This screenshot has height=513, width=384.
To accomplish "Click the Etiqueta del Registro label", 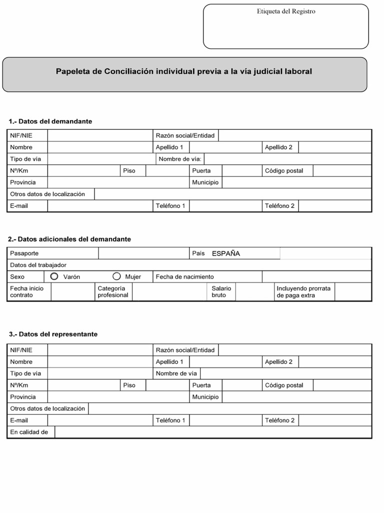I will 285,12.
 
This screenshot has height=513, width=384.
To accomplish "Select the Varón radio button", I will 54,277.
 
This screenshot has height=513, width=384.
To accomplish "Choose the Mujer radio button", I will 116,277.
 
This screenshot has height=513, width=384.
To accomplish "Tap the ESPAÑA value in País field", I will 225,253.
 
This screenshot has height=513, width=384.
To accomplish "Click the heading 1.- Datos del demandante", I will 50,121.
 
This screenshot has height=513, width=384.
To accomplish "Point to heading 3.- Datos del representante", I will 53,334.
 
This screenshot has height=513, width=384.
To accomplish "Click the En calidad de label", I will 29,432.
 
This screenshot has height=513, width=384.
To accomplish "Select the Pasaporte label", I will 24,253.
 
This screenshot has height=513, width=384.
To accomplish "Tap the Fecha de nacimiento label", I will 184,277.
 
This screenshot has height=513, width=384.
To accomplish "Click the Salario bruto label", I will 221,292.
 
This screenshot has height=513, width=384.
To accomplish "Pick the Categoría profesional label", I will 112,292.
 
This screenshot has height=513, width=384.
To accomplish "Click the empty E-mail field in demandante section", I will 100,206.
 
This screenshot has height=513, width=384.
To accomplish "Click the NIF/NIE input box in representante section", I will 100,350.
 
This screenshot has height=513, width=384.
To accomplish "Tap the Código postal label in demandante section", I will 284,171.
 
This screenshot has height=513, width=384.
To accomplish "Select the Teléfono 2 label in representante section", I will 279,420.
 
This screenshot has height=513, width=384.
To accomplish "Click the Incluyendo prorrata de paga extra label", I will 303,292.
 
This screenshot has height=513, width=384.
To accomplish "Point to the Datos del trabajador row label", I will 38,265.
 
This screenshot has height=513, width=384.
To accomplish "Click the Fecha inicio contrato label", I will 26,292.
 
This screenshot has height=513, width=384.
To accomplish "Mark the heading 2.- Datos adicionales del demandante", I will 69,239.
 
